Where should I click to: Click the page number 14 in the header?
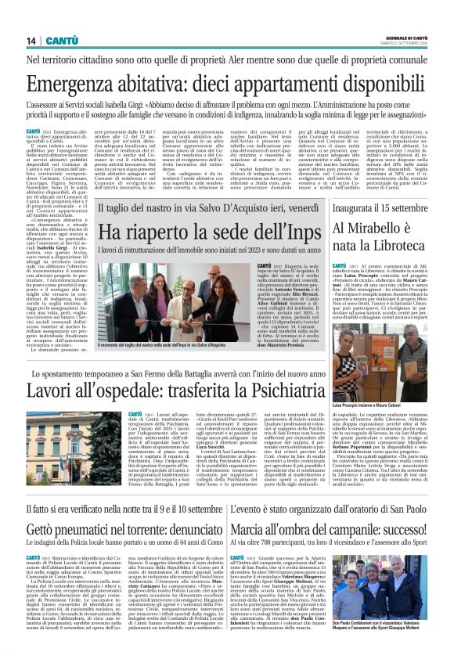31,40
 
